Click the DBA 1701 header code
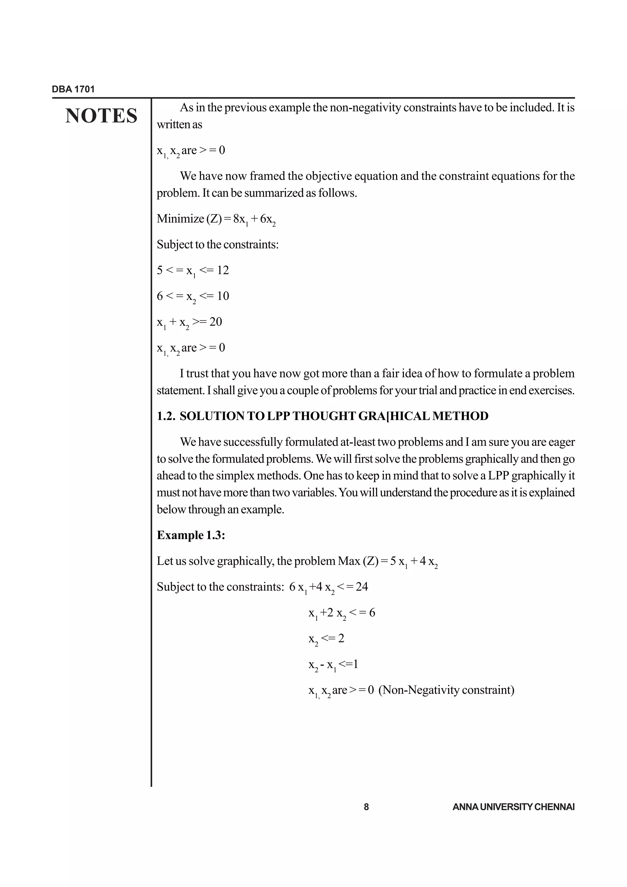coord(73,89)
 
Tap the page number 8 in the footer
coord(366,807)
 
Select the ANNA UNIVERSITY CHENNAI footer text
coord(513,807)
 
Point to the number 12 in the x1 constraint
coord(223,270)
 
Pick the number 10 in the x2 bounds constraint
coord(223,296)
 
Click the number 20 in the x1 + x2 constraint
coord(216,322)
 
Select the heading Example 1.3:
coord(191,535)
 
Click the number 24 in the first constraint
coord(362,587)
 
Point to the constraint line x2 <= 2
coord(326,638)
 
